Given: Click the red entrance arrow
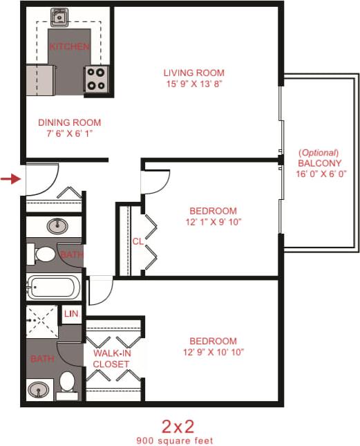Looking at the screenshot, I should tap(9, 180).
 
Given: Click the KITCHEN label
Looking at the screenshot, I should tap(69, 46).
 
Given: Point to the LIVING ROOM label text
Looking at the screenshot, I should tap(193, 73).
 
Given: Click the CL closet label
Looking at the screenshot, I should tap(137, 241).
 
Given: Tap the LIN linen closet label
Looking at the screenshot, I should tap(71, 314).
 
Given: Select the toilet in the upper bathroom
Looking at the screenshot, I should tap(44, 254).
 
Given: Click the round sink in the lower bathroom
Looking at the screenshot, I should tap(39, 390).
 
